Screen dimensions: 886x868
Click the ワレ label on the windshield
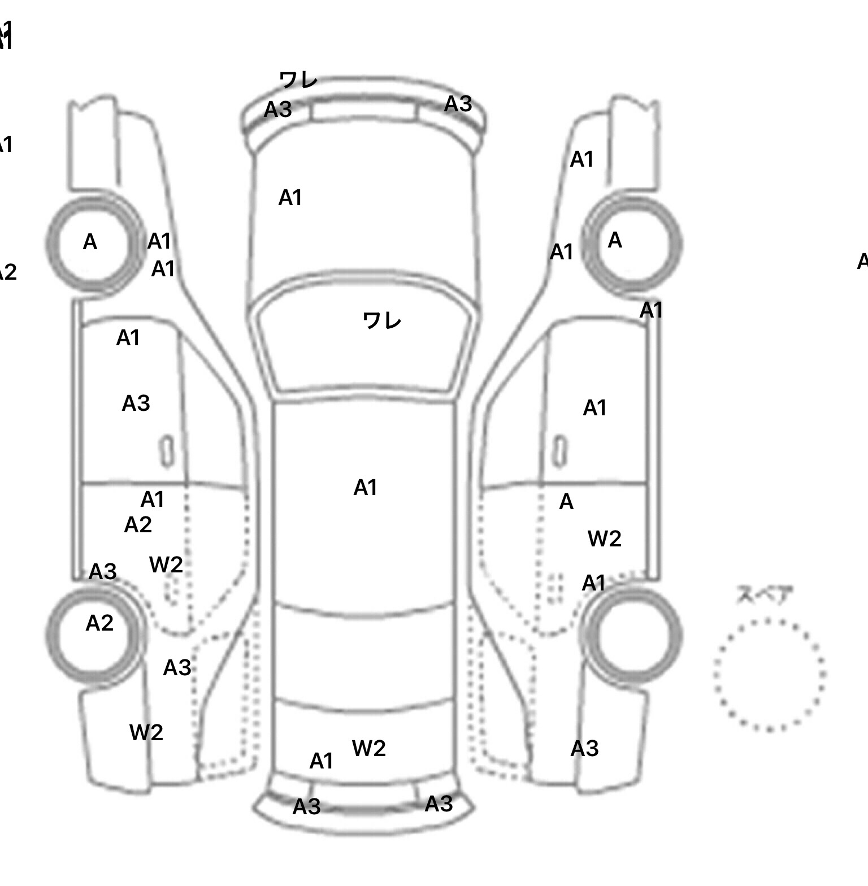click(x=381, y=321)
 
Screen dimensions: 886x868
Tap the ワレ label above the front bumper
click(x=298, y=80)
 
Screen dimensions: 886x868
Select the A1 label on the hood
click(x=290, y=198)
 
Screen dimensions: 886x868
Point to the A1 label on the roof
click(x=365, y=488)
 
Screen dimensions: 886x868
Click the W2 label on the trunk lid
click(x=368, y=748)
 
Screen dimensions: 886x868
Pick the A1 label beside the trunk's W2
click(x=321, y=761)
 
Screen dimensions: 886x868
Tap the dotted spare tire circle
click(x=769, y=674)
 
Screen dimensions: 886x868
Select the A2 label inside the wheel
click(x=99, y=623)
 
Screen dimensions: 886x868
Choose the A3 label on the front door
click(x=136, y=403)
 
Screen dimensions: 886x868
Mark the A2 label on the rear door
click(x=138, y=525)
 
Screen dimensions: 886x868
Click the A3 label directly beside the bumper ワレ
click(x=277, y=109)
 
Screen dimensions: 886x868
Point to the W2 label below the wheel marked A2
click(x=146, y=733)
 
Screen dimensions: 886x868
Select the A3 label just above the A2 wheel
click(x=102, y=572)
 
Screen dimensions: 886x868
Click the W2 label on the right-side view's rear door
click(x=604, y=539)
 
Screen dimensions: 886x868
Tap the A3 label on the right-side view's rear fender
click(x=584, y=749)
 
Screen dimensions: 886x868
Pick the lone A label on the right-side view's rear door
click(x=566, y=502)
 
